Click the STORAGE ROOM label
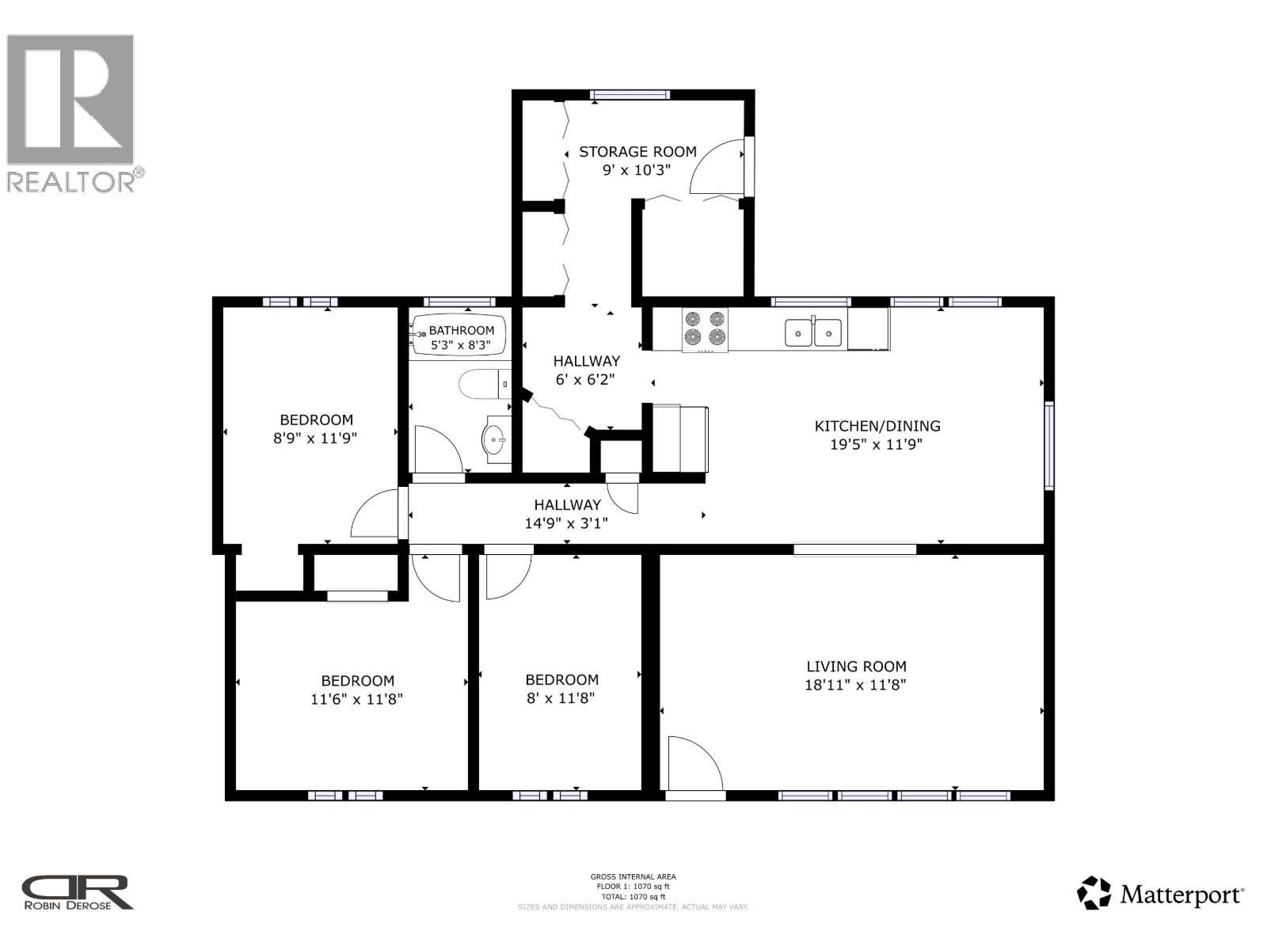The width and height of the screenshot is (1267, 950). (x=637, y=151)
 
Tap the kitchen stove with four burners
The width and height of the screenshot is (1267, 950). (x=705, y=329)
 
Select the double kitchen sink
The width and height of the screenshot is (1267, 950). (x=814, y=332)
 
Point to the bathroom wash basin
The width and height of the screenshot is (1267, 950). (x=497, y=436)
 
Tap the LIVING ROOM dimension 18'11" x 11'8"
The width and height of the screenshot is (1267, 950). (x=855, y=686)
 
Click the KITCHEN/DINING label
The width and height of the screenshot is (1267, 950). (x=877, y=426)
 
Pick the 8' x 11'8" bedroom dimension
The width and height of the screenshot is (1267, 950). (x=561, y=698)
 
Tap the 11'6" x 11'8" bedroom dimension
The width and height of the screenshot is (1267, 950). (x=357, y=699)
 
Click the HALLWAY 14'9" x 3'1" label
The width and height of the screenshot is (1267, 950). (x=567, y=514)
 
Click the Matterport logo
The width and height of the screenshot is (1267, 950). (x=1160, y=894)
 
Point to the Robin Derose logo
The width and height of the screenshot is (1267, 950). (x=77, y=892)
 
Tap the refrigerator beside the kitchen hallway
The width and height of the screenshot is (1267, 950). (x=679, y=439)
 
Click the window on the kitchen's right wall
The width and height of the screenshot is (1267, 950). (x=1049, y=445)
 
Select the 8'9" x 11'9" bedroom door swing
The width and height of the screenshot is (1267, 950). (x=376, y=515)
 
